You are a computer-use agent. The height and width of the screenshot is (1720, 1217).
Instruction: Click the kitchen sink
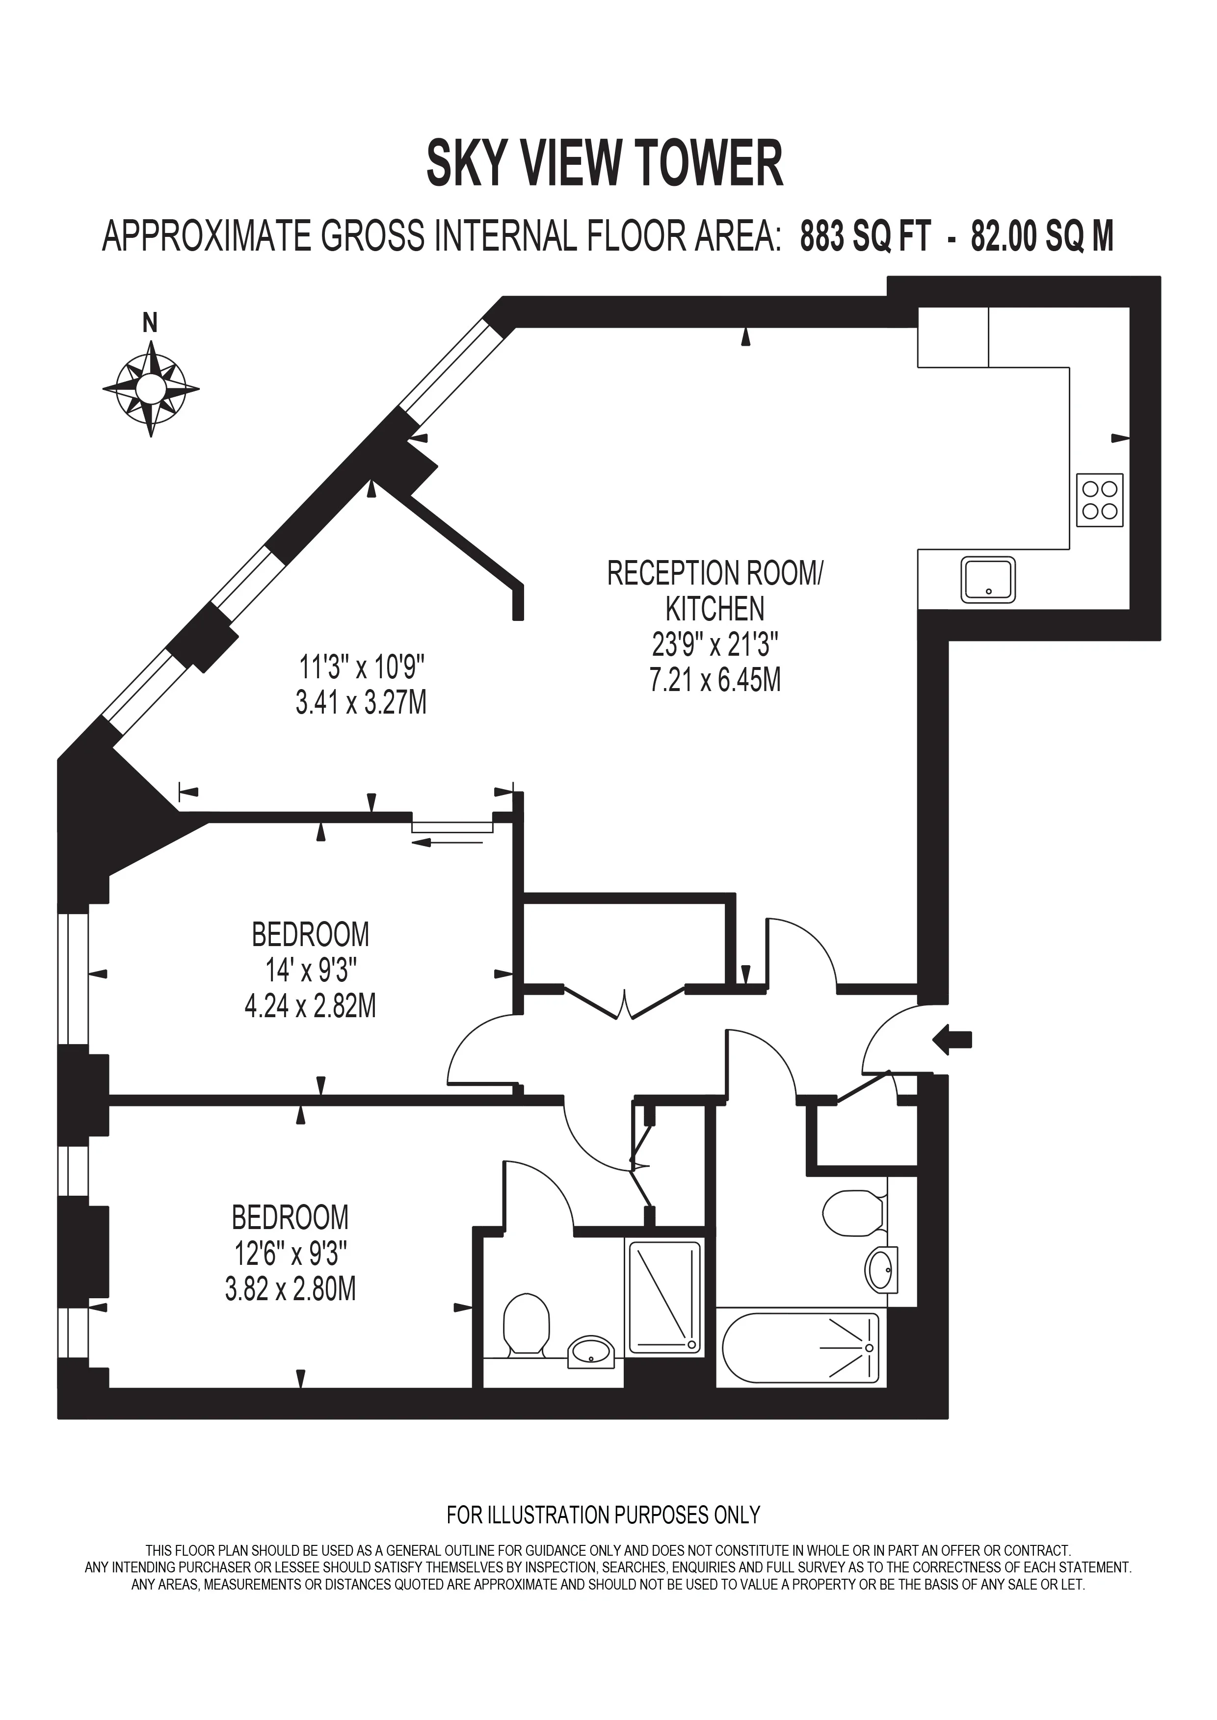[x=988, y=579]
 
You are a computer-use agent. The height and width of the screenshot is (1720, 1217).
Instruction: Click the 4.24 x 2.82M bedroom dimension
[x=310, y=1005]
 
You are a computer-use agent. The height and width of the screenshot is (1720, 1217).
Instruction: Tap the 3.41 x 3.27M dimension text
[x=361, y=703]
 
